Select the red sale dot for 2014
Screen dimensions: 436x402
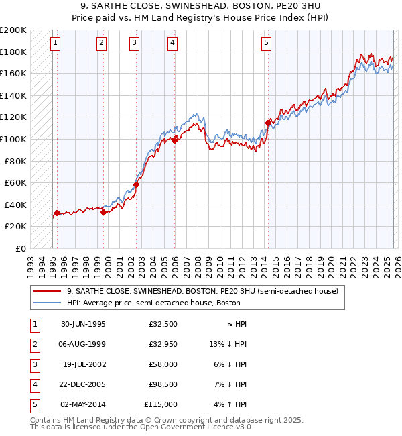[x=268, y=123]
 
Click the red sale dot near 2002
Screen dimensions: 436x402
[x=136, y=184]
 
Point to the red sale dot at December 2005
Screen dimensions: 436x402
[x=174, y=140]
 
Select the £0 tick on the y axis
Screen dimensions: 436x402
[x=20, y=248]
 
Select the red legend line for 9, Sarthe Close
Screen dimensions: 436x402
[x=48, y=292]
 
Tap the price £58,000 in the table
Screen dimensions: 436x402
[x=163, y=365]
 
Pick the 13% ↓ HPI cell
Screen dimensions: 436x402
[x=228, y=345]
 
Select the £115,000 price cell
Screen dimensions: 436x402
[x=161, y=405]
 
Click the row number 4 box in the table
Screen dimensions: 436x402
[x=34, y=385]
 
